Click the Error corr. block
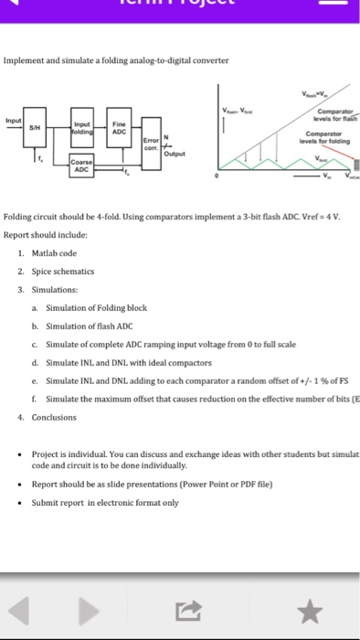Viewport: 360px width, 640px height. pos(151,144)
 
